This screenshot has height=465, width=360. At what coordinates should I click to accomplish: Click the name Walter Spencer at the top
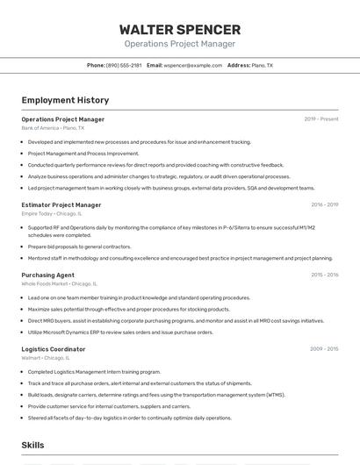(179, 29)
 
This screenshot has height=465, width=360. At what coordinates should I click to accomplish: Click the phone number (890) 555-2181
(124, 65)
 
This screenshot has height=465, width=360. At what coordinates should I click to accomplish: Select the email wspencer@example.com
(191, 65)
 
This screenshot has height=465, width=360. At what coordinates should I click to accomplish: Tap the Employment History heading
(65, 101)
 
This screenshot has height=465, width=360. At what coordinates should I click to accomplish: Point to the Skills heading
(32, 446)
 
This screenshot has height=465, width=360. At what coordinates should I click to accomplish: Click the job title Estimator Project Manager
(61, 204)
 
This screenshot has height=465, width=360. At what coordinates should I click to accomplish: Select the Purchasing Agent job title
(48, 275)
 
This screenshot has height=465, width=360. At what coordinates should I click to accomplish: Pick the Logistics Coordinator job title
(53, 349)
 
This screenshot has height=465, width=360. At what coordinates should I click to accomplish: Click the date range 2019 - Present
(320, 118)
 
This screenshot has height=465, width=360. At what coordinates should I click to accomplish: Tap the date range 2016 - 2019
(324, 204)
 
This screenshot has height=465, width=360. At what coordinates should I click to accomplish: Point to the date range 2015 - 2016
(324, 275)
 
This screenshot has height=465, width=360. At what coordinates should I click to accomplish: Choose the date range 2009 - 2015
(324, 349)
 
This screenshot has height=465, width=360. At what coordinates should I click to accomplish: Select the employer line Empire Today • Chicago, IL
(51, 213)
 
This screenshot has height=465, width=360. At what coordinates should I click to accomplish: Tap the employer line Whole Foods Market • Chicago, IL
(59, 283)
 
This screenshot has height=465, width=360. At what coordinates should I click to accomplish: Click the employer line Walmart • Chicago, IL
(45, 358)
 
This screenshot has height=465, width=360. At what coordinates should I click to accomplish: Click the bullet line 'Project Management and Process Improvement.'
(83, 153)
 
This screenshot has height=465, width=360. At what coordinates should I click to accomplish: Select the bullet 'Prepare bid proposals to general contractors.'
(79, 247)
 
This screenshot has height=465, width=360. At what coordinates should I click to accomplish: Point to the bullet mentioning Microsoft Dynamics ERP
(120, 333)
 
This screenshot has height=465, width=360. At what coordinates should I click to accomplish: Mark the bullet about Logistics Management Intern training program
(94, 371)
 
